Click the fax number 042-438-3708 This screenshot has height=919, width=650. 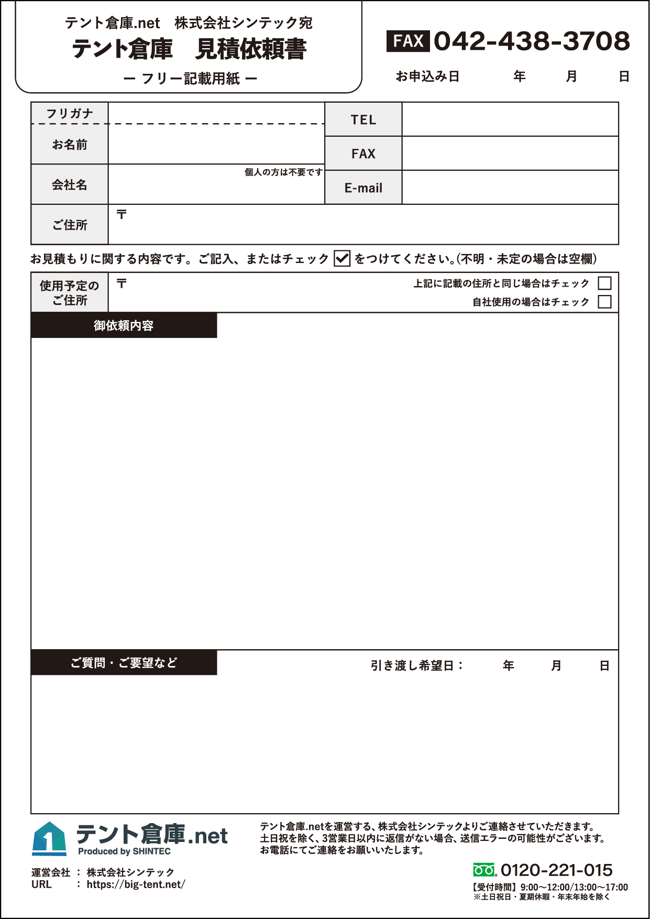pos(532,41)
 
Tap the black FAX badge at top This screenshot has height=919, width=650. pos(408,41)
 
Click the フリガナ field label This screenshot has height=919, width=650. pos(70,113)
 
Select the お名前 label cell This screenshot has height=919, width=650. pos(70,145)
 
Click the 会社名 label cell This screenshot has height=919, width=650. pos(70,184)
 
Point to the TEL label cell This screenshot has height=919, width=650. pos(363,120)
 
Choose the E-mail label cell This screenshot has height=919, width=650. pos(363,188)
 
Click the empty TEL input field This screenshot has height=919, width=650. pos(510,119)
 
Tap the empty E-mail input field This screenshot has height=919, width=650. pos(510,188)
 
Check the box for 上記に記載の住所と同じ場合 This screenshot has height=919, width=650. pos(604,283)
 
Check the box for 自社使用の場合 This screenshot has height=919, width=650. pos(604,302)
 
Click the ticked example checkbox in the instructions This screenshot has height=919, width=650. pos(342,258)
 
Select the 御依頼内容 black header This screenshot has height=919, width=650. pos(124,325)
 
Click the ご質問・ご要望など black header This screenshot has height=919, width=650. pos(124,663)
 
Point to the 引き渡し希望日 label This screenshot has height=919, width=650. pos(417,665)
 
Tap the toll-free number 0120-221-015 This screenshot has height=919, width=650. pos(556,870)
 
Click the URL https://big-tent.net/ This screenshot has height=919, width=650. pos(136,884)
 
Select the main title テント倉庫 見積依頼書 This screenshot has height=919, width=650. pos(189,49)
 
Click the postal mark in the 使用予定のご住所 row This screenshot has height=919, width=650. pos(122,283)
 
